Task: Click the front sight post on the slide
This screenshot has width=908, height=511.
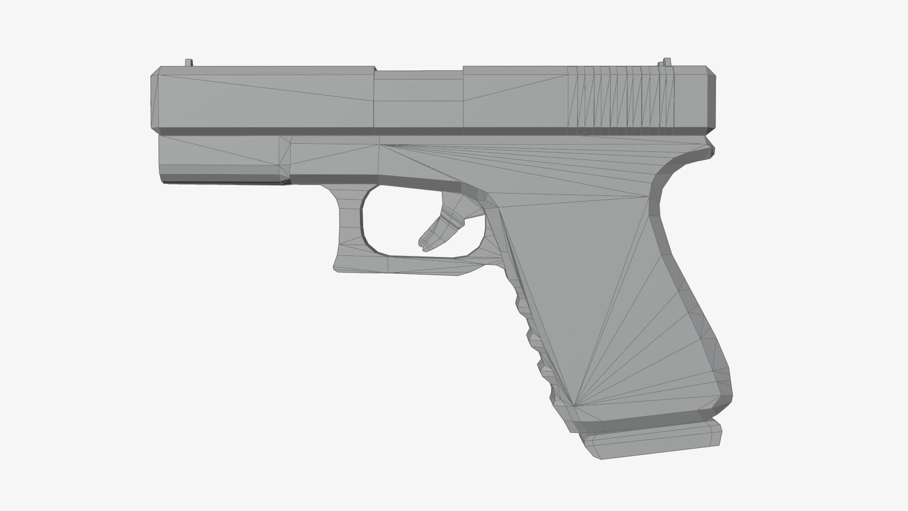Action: [189, 62]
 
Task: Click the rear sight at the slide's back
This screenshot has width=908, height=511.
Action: [667, 62]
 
